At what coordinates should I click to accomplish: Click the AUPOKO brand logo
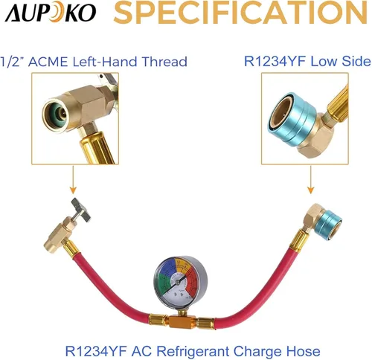(x=51, y=13)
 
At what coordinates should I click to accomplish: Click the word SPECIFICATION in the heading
(x=240, y=13)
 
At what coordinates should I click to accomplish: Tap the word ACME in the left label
(x=48, y=62)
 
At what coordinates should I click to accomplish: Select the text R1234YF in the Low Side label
(x=275, y=61)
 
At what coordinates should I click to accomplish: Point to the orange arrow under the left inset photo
(x=73, y=180)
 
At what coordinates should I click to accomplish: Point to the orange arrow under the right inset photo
(x=311, y=180)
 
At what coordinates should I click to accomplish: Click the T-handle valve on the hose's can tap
(x=80, y=210)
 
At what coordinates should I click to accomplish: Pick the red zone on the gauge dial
(x=193, y=280)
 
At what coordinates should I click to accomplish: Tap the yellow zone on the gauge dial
(x=184, y=265)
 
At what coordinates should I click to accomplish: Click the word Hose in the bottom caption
(x=303, y=351)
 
